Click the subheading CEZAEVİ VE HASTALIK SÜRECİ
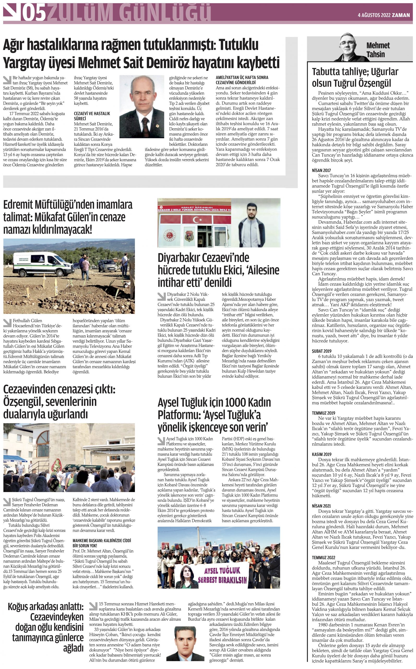click(x=92, y=116)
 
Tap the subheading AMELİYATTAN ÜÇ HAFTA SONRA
click(x=242, y=77)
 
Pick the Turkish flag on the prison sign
click(x=197, y=220)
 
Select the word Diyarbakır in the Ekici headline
click(x=180, y=258)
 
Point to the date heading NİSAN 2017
click(x=321, y=170)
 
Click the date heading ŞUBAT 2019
click(x=322, y=351)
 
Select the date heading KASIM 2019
click(x=322, y=454)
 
